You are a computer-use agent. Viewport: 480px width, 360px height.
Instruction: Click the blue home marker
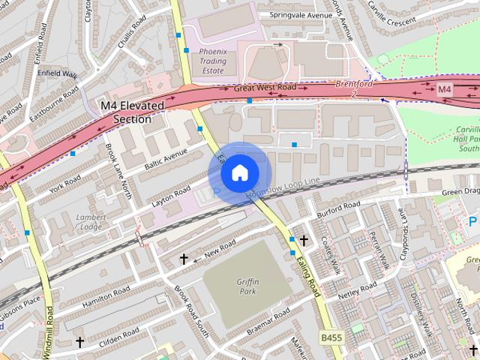click(x=238, y=172)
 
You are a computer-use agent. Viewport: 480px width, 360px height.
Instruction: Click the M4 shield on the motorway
click(x=445, y=89)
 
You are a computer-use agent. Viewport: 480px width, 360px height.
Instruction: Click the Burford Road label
click(x=338, y=203)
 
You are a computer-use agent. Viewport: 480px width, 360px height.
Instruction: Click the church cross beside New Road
click(x=184, y=259)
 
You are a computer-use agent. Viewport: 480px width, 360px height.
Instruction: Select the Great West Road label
click(x=265, y=88)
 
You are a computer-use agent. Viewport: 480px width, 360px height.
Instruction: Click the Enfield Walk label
click(x=59, y=73)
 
